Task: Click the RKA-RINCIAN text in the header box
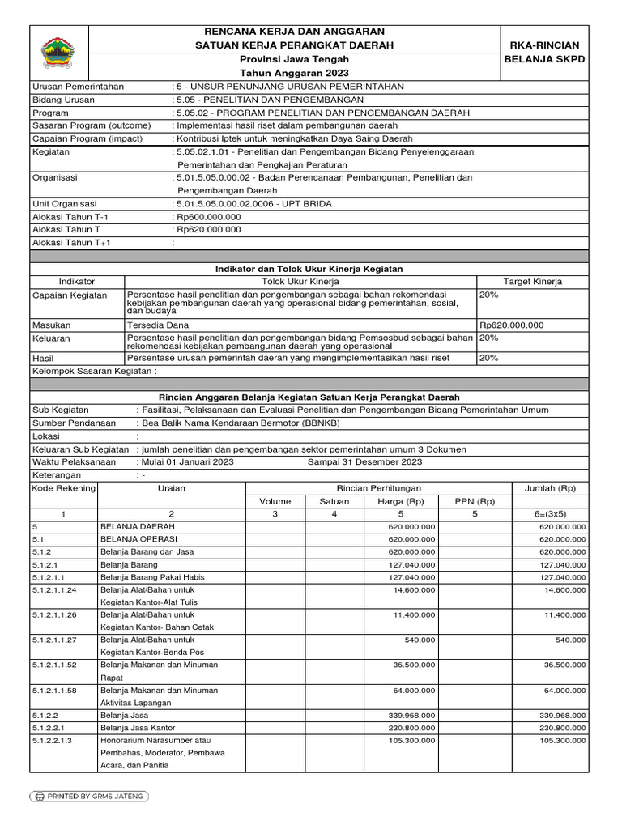point(550,45)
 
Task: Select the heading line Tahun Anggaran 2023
point(294,74)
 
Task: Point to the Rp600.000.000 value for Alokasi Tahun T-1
point(207,216)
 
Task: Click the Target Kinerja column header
point(533,281)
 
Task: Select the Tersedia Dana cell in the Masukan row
point(158,325)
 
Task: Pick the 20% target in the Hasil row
point(488,357)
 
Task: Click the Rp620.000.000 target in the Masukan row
point(512,325)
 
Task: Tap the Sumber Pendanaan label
point(70,423)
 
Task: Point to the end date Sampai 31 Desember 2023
point(364,461)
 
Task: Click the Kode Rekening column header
point(63,488)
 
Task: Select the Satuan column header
point(322,501)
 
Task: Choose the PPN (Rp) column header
point(475,501)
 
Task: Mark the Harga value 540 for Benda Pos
point(424,639)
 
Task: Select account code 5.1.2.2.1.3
point(53,740)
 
